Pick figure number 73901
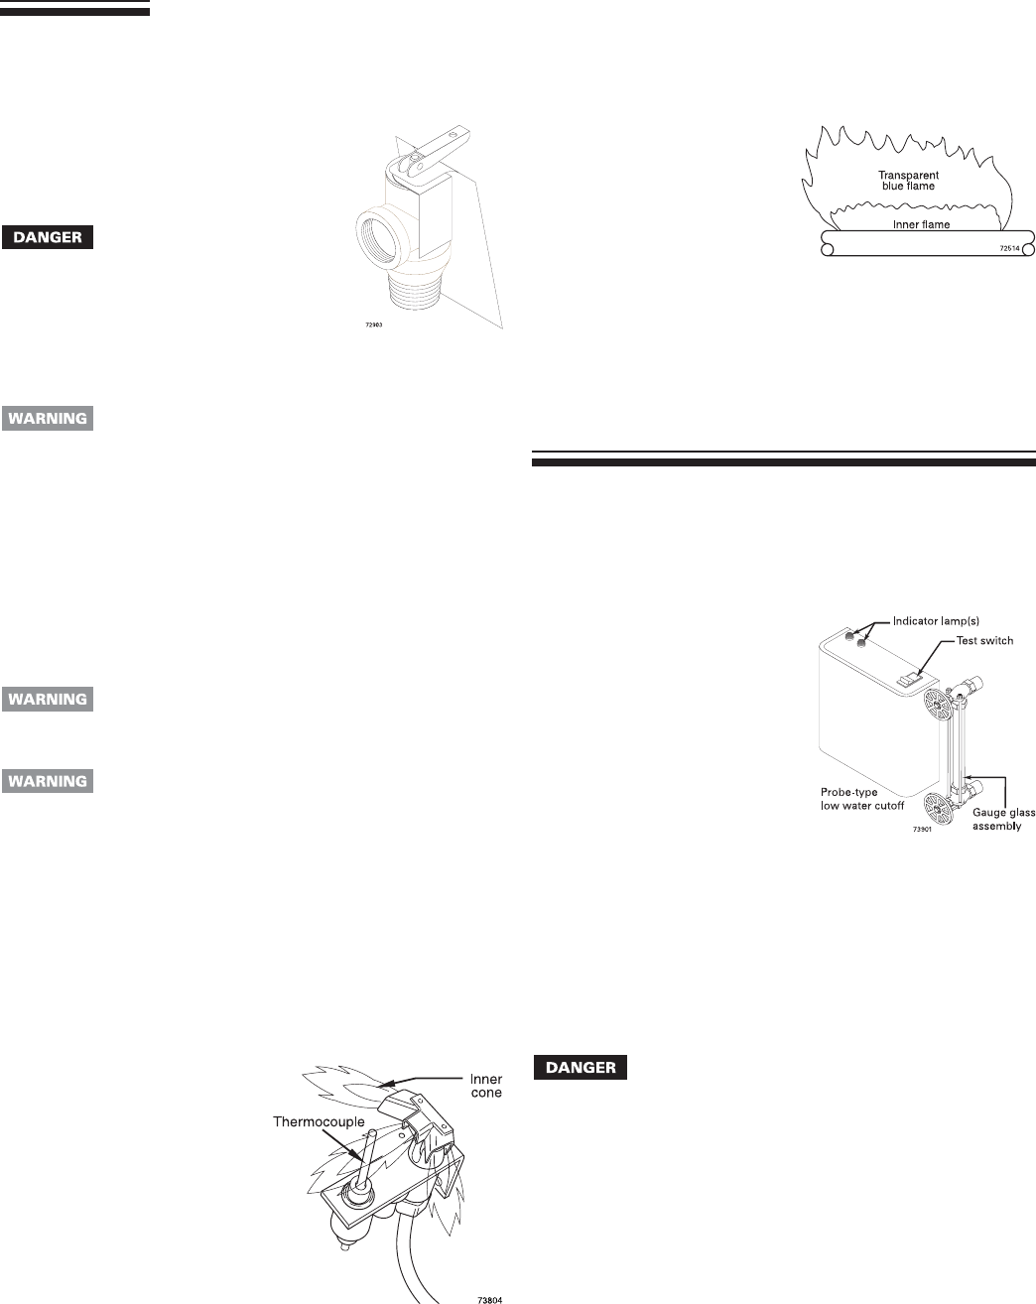[x=924, y=829]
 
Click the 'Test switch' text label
[x=983, y=640]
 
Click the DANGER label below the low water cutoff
[x=582, y=1069]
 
